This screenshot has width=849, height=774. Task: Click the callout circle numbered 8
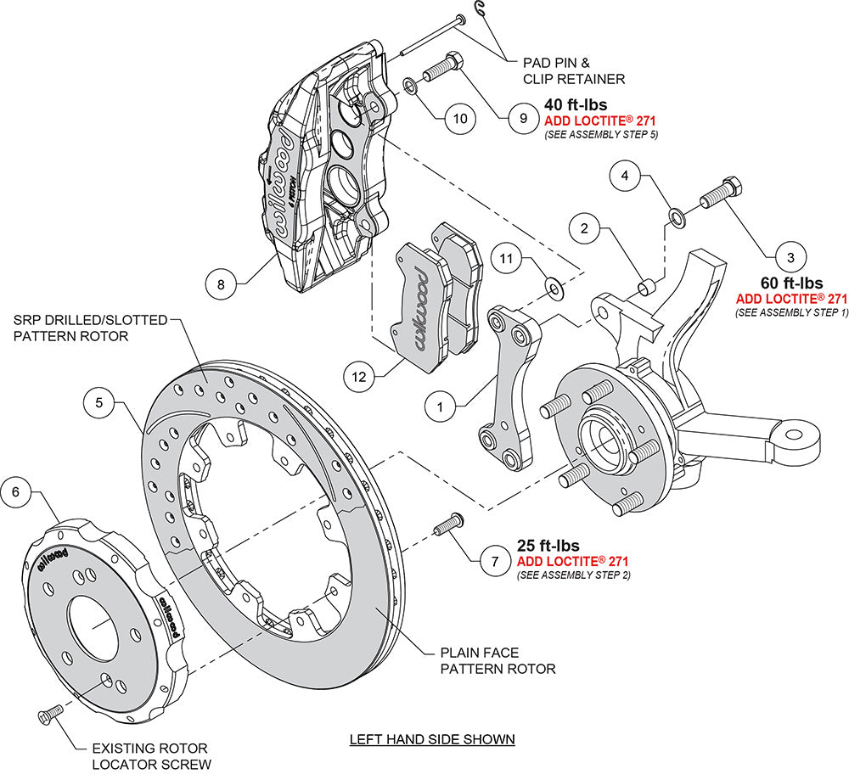tap(221, 285)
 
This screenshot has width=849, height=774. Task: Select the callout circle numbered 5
tap(99, 403)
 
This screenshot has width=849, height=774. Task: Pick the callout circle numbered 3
tap(790, 255)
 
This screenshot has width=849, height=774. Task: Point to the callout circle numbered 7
tap(494, 561)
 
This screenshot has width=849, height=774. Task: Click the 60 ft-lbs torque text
tap(791, 283)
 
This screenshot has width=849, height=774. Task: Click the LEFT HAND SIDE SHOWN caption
tap(432, 738)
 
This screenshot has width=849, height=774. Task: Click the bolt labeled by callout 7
tap(447, 525)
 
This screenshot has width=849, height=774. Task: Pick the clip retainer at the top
tap(481, 10)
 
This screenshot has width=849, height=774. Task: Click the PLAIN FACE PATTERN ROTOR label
tap(497, 661)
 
